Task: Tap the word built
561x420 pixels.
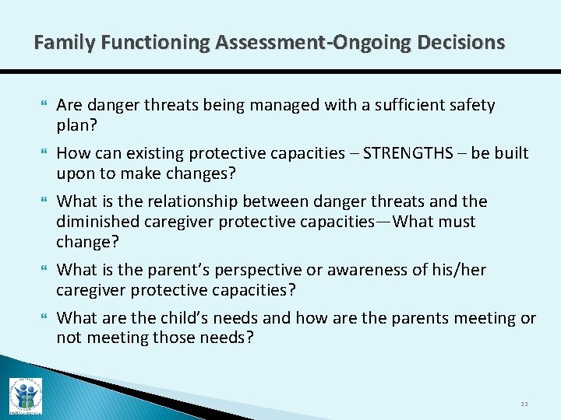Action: point(509,153)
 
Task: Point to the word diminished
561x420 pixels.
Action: point(94,222)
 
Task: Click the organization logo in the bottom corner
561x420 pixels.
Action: point(26,395)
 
